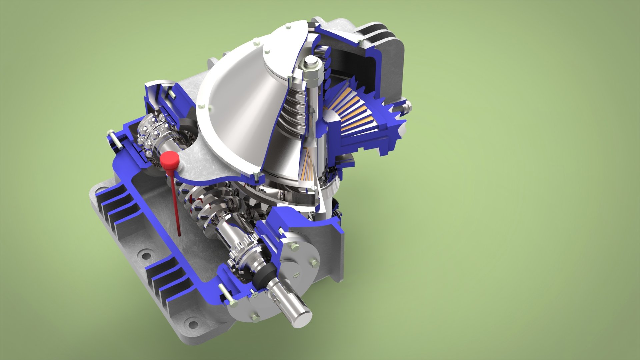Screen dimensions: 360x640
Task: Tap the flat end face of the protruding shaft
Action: point(302,315)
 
